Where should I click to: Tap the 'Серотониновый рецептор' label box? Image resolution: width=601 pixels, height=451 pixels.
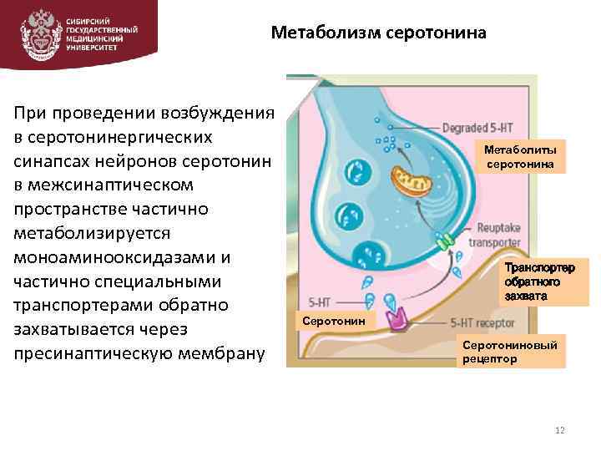point(512,351)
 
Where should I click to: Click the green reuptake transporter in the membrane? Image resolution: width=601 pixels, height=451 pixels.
point(445,242)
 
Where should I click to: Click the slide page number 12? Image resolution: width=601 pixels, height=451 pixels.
point(559,430)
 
